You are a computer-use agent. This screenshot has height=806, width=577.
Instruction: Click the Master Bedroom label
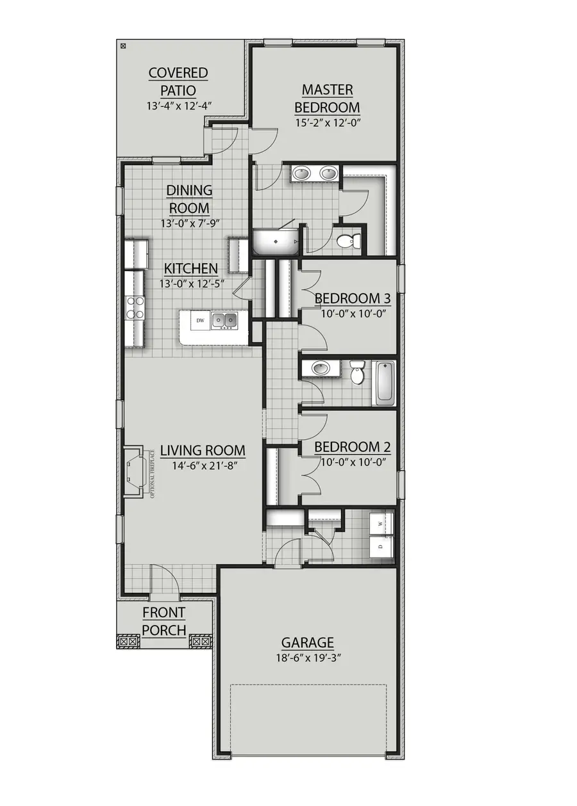pos(327,98)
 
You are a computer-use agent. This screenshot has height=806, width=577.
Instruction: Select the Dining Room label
pos(189,199)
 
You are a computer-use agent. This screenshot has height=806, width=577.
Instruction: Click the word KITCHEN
pos(191,268)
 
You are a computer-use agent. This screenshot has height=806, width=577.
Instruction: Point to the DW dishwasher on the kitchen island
pos(200,320)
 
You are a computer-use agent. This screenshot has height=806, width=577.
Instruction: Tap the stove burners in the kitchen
pos(135,307)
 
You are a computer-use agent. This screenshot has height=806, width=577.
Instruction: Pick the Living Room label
pos(203,451)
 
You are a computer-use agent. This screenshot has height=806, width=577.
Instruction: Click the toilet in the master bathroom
pos(348,241)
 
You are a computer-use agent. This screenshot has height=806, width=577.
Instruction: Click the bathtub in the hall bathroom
pos(384,382)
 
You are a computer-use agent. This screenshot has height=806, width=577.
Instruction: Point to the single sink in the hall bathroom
pos(319,368)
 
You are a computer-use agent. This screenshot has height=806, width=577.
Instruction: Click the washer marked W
pos(381,523)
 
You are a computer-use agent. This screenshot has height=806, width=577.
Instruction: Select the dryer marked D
pos(381,546)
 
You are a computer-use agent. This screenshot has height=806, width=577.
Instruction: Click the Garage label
pos(308,642)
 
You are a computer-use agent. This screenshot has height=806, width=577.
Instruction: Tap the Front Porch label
pos(163,621)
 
